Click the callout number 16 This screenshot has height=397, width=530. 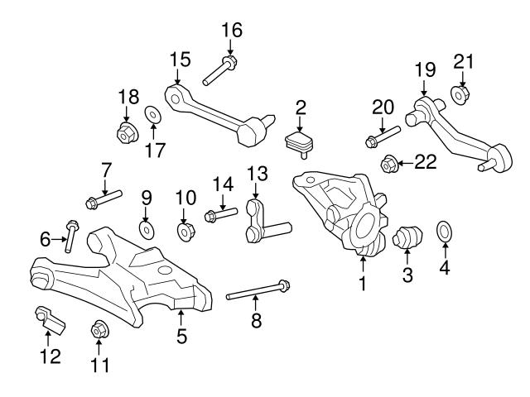232,31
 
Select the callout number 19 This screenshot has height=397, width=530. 424,69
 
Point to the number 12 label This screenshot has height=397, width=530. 51,356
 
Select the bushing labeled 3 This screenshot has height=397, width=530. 407,240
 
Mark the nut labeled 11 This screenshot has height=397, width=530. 97,328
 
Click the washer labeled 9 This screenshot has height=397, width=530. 146,227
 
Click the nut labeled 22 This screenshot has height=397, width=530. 387,165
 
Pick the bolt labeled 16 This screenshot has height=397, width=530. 217,71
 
